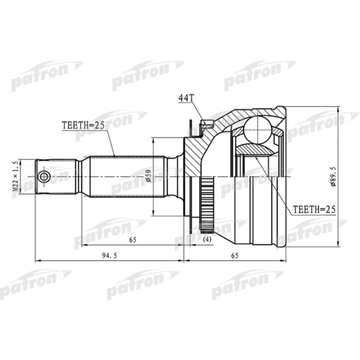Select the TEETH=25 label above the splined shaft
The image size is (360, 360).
tap(84, 125)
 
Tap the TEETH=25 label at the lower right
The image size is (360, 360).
tap(314, 210)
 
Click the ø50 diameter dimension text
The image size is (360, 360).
tap(148, 176)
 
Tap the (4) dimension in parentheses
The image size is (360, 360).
tap(207, 240)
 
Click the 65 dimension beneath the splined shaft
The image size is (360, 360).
tap(133, 240)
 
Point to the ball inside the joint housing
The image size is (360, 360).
tap(257, 130)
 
